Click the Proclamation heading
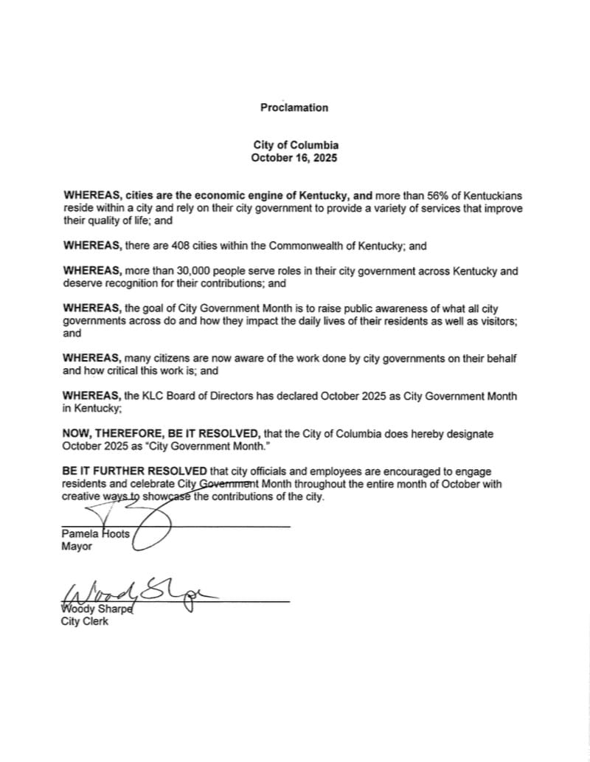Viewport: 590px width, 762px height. click(294, 108)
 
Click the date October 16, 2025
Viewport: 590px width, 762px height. click(294, 158)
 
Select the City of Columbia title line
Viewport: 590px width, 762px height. click(295, 146)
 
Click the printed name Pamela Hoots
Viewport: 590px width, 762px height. click(95, 534)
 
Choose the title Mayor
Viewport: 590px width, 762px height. click(77, 547)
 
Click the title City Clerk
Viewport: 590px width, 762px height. click(84, 622)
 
